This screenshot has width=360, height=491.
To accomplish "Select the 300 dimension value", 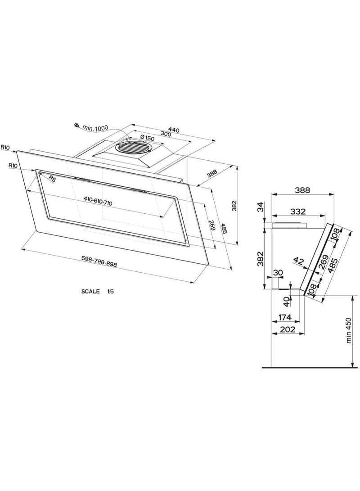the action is point(166,134).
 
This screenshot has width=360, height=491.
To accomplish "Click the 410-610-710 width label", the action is point(98,201).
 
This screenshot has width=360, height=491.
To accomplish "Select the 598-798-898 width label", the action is point(99,261).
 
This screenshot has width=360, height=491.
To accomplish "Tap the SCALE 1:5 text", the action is point(97,291).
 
